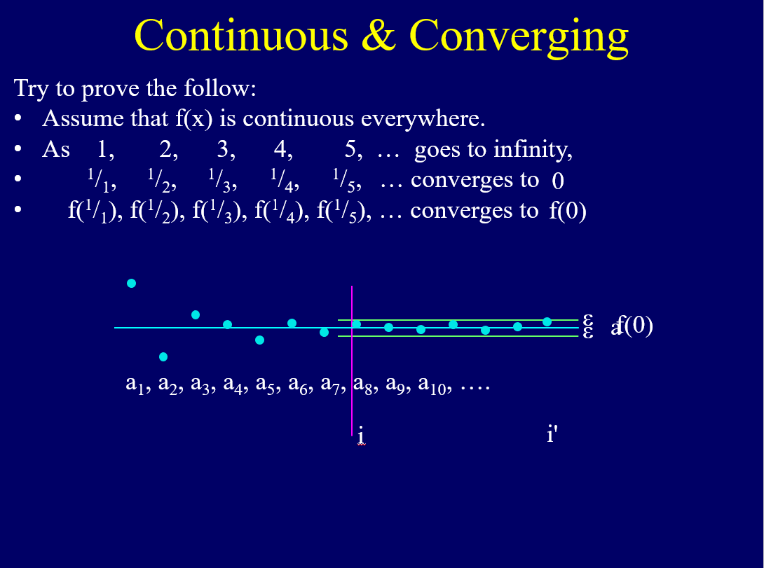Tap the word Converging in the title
[x=519, y=36]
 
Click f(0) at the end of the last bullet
[x=567, y=211]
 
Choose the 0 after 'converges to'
[x=558, y=181]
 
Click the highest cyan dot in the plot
[x=131, y=283]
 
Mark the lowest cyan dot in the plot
[x=163, y=356]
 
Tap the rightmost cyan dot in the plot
[x=547, y=321]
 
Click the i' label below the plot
[x=552, y=435]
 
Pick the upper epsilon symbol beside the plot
[x=588, y=319]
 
